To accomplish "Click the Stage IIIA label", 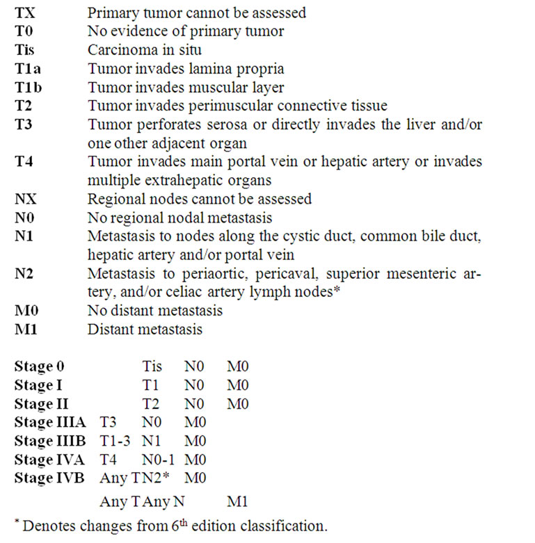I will coord(49,422).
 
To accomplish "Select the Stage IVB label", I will coord(48,478).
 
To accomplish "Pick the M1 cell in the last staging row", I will coord(237,501).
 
